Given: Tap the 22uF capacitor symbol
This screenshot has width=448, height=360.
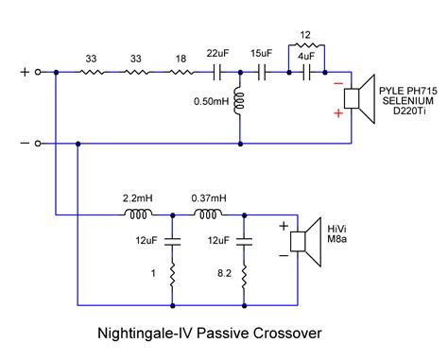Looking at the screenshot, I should [x=219, y=72].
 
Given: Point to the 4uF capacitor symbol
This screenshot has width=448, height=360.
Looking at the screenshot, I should [x=304, y=72].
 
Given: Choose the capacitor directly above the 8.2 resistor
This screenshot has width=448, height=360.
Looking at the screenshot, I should [x=244, y=241].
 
